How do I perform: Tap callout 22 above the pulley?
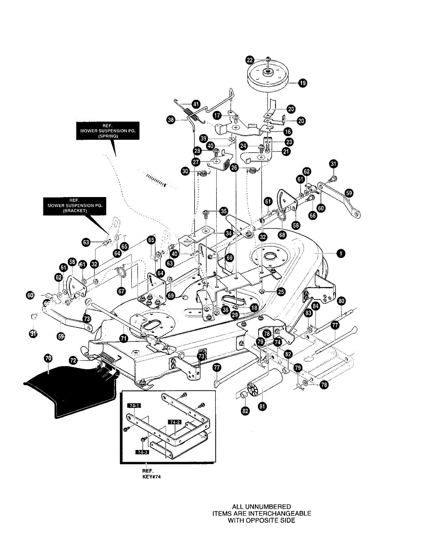pyautogui.click(x=250, y=60)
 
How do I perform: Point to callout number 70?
pyautogui.click(x=48, y=358)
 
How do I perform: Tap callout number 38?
pyautogui.click(x=171, y=120)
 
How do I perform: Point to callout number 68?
pyautogui.click(x=282, y=235)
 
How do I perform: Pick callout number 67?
pyautogui.click(x=121, y=290)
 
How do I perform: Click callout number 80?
pyautogui.click(x=342, y=301)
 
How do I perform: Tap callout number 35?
pyautogui.click(x=224, y=211)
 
